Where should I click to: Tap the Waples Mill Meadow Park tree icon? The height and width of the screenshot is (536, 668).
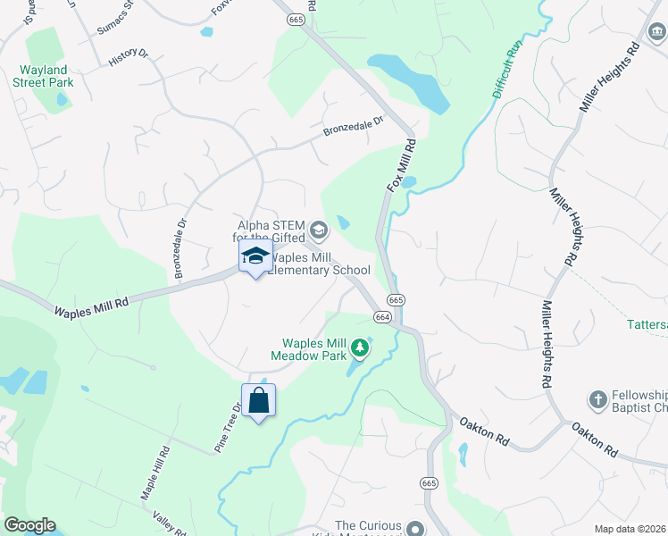tap(360, 346)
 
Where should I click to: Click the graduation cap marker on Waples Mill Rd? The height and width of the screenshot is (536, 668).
tap(255, 257)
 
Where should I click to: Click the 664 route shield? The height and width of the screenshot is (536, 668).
tap(382, 317)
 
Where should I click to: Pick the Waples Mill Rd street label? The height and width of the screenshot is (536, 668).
tap(91, 309)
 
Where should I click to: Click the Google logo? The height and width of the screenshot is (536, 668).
tap(29, 525)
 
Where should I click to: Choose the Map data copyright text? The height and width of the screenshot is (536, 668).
tap(630, 529)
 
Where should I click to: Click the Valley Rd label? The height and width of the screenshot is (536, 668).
tap(168, 521)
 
